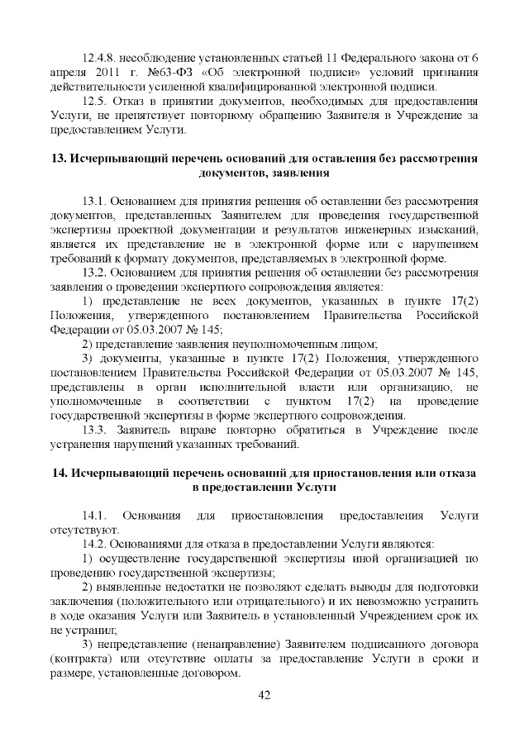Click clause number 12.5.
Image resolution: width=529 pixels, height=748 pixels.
[x=98, y=101]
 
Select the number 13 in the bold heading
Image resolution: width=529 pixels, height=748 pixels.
[x=59, y=157]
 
